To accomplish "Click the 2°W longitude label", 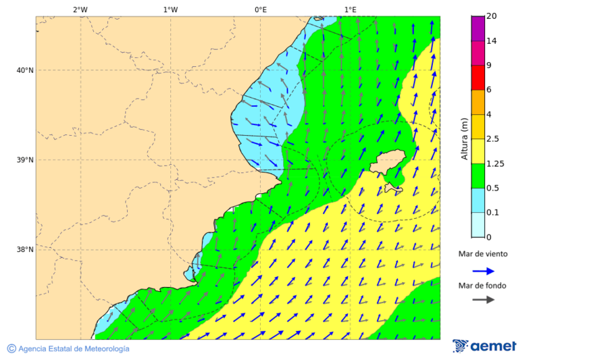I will [x=80, y=9].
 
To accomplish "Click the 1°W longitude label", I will [x=170, y=9].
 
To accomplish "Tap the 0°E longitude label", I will [x=260, y=9].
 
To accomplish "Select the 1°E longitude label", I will [x=350, y=9].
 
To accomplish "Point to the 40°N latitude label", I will [x=25, y=70].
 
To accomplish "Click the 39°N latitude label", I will [x=25, y=160].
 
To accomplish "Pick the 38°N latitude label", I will [x=25, y=250].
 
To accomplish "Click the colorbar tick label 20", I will [x=492, y=16].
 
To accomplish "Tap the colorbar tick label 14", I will [x=492, y=41].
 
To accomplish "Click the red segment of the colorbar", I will [x=478, y=78].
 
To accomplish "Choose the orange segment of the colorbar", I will [x=478, y=102].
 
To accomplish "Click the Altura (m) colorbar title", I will [x=464, y=138].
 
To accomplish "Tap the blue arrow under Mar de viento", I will [x=483, y=271].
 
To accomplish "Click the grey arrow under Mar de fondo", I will [x=483, y=300].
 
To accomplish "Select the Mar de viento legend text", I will [x=482, y=255].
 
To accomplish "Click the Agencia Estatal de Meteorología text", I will [x=73, y=349].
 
